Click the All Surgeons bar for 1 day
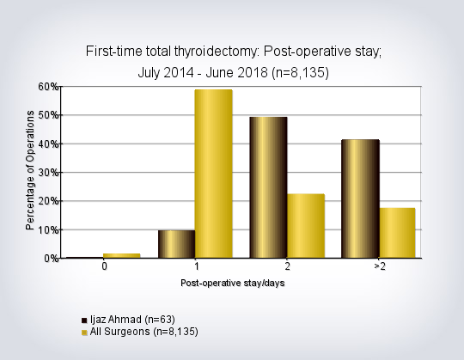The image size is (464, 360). (214, 174)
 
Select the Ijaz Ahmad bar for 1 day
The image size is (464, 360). (177, 244)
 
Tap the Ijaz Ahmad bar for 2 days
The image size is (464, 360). (268, 187)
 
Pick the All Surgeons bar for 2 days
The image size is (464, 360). (306, 226)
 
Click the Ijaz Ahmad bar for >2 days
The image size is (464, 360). (360, 198)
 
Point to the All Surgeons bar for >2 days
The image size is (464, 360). (398, 233)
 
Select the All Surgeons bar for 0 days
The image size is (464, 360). (122, 256)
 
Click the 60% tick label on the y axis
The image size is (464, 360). (48, 87)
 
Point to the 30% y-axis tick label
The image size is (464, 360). (48, 172)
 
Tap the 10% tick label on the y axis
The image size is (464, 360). (48, 229)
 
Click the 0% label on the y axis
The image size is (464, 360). (52, 259)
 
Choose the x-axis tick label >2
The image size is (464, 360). (380, 266)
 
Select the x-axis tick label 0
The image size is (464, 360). (104, 266)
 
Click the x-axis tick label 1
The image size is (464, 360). (197, 266)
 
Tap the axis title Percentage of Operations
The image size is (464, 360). (30, 170)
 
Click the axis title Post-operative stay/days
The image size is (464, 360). (233, 283)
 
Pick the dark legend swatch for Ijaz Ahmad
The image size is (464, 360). (84, 320)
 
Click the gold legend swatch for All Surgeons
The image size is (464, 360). (84, 333)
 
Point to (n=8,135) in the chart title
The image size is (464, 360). (300, 73)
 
